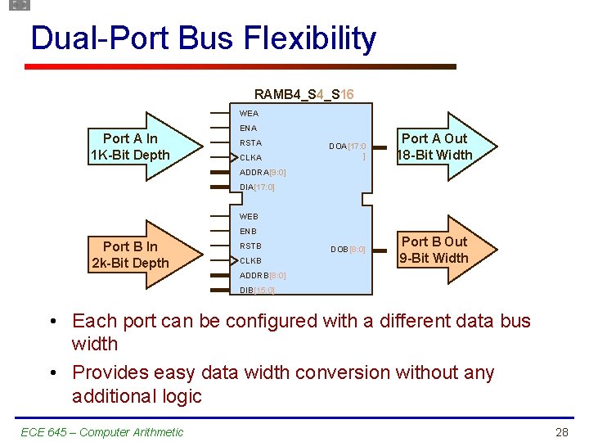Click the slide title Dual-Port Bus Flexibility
coord(203,38)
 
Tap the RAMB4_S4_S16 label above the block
coord(303,94)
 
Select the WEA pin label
coord(249,114)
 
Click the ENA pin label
coord(248,129)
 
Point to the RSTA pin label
coord(250,143)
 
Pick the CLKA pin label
coord(250,158)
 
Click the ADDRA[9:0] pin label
coord(262,173)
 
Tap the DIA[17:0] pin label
coord(257,187)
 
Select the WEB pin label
coord(249,217)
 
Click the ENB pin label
coord(248,232)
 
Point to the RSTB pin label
coord(250,246)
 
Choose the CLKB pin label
coord(250,261)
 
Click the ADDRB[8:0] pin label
coord(262,276)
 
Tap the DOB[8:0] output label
coord(348,249)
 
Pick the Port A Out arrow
coord(434,147)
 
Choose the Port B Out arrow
coord(434,250)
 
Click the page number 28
coord(561,432)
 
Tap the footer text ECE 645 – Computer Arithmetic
coord(101,432)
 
